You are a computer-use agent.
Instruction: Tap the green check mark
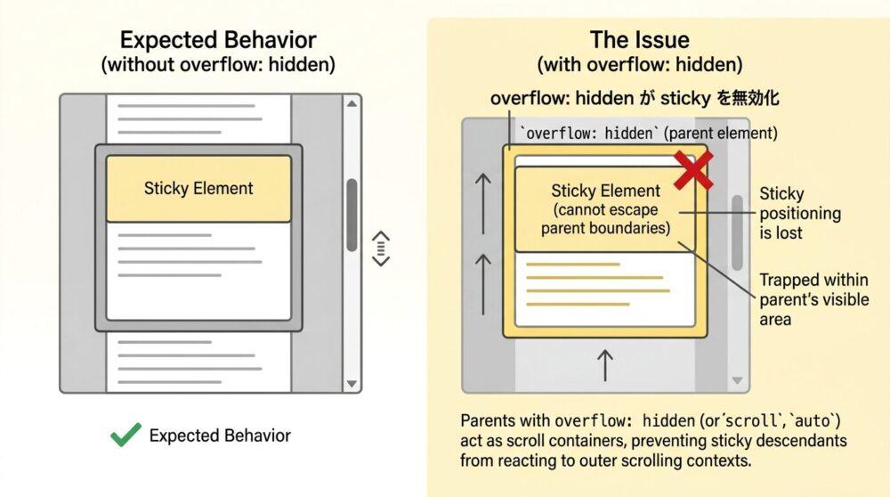pyautogui.click(x=125, y=435)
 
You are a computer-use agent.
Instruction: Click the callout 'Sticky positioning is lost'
pyautogui.click(x=799, y=213)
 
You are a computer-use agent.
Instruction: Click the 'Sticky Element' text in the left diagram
pyautogui.click(x=198, y=188)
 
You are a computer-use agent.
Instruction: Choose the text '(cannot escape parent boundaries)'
pyautogui.click(x=605, y=219)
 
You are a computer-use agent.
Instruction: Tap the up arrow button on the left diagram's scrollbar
pyautogui.click(x=352, y=104)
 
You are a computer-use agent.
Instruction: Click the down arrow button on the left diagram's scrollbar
pyautogui.click(x=352, y=383)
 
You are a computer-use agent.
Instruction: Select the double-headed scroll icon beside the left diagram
pyautogui.click(x=381, y=248)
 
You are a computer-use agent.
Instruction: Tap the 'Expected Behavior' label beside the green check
pyautogui.click(x=219, y=436)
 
